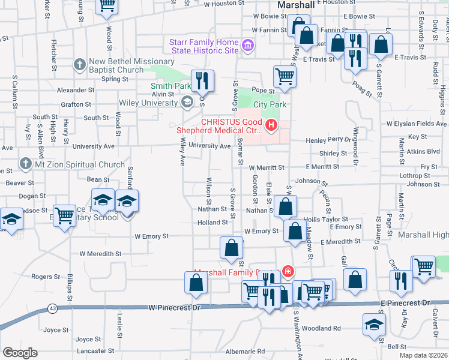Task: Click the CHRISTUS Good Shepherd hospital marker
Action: [x=271, y=125]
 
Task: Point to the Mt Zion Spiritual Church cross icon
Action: [x=25, y=164]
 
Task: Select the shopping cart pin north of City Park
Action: [x=284, y=76]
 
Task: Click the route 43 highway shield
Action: [x=53, y=308]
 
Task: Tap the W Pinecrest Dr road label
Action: [x=174, y=307]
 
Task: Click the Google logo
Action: [x=20, y=352]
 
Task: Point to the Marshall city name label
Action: [x=297, y=5]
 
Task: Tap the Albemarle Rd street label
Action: [x=245, y=351]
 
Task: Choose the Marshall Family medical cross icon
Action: [x=289, y=272]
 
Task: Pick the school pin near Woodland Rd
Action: [x=374, y=325]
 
